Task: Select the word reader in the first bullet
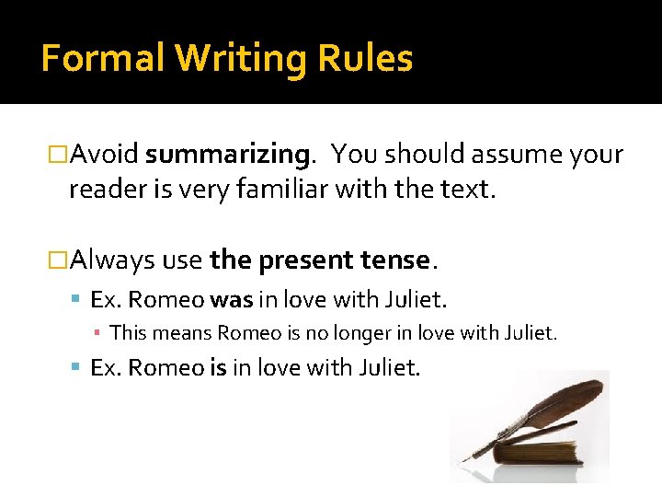tap(99, 191)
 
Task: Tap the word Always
tap(112, 260)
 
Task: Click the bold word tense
tap(388, 260)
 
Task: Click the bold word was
tap(231, 300)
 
